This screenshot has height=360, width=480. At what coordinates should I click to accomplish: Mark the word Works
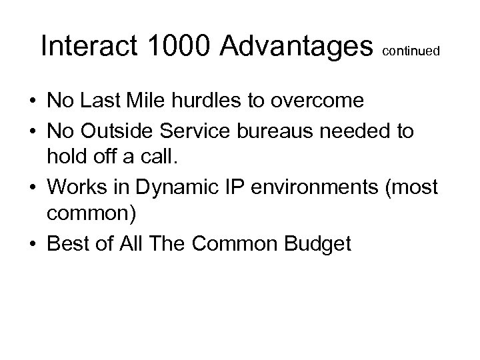[72, 187]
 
